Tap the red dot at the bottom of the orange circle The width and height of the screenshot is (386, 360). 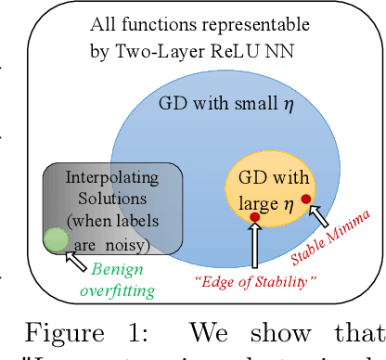tap(254, 217)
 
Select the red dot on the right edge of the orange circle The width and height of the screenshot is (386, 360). tap(306, 199)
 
